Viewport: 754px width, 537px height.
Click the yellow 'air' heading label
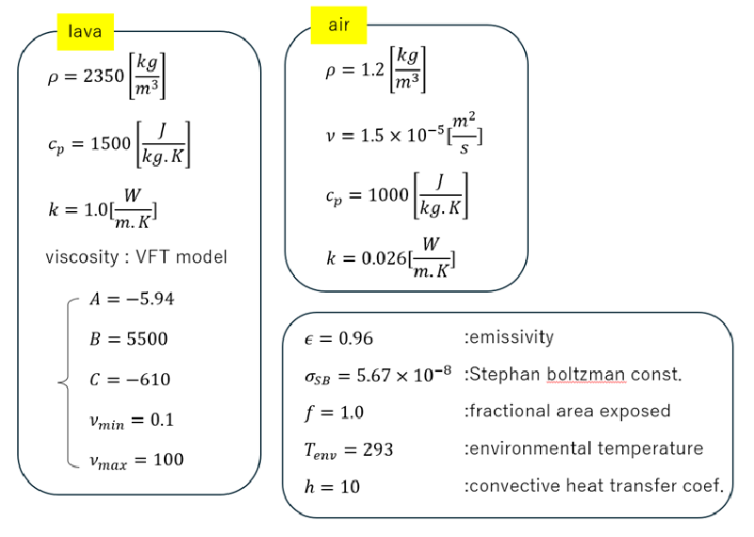(x=339, y=25)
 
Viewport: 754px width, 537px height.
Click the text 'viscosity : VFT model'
(x=137, y=256)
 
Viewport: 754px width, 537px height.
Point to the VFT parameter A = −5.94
(x=131, y=299)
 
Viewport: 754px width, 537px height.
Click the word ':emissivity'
(x=510, y=336)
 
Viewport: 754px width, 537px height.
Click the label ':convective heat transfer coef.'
(x=593, y=487)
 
